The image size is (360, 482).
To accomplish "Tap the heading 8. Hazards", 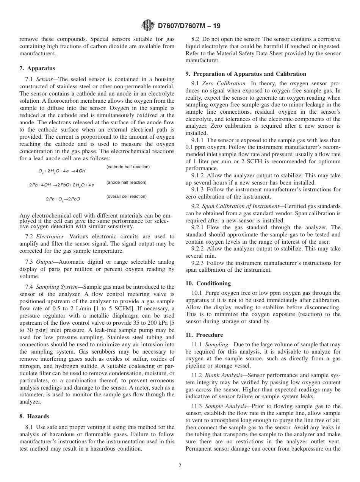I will click(x=34, y=416).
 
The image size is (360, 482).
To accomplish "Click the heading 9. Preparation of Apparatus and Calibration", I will click(x=246, y=74).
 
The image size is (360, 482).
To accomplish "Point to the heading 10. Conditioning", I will click(x=208, y=283).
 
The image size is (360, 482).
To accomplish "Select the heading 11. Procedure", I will click(x=204, y=335).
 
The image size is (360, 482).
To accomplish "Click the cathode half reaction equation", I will click(x=63, y=171).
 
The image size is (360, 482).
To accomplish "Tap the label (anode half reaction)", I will click(x=126, y=182).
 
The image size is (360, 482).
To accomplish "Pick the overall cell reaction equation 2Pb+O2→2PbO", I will click(x=63, y=199).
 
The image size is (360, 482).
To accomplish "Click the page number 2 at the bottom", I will click(x=180, y=466).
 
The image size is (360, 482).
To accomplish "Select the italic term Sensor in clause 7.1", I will click(x=45, y=79).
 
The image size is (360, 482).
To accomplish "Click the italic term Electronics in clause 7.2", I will click(x=50, y=236).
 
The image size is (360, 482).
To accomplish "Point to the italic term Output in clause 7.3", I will click(x=45, y=262).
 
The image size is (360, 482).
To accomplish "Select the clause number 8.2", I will click(x=196, y=39).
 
